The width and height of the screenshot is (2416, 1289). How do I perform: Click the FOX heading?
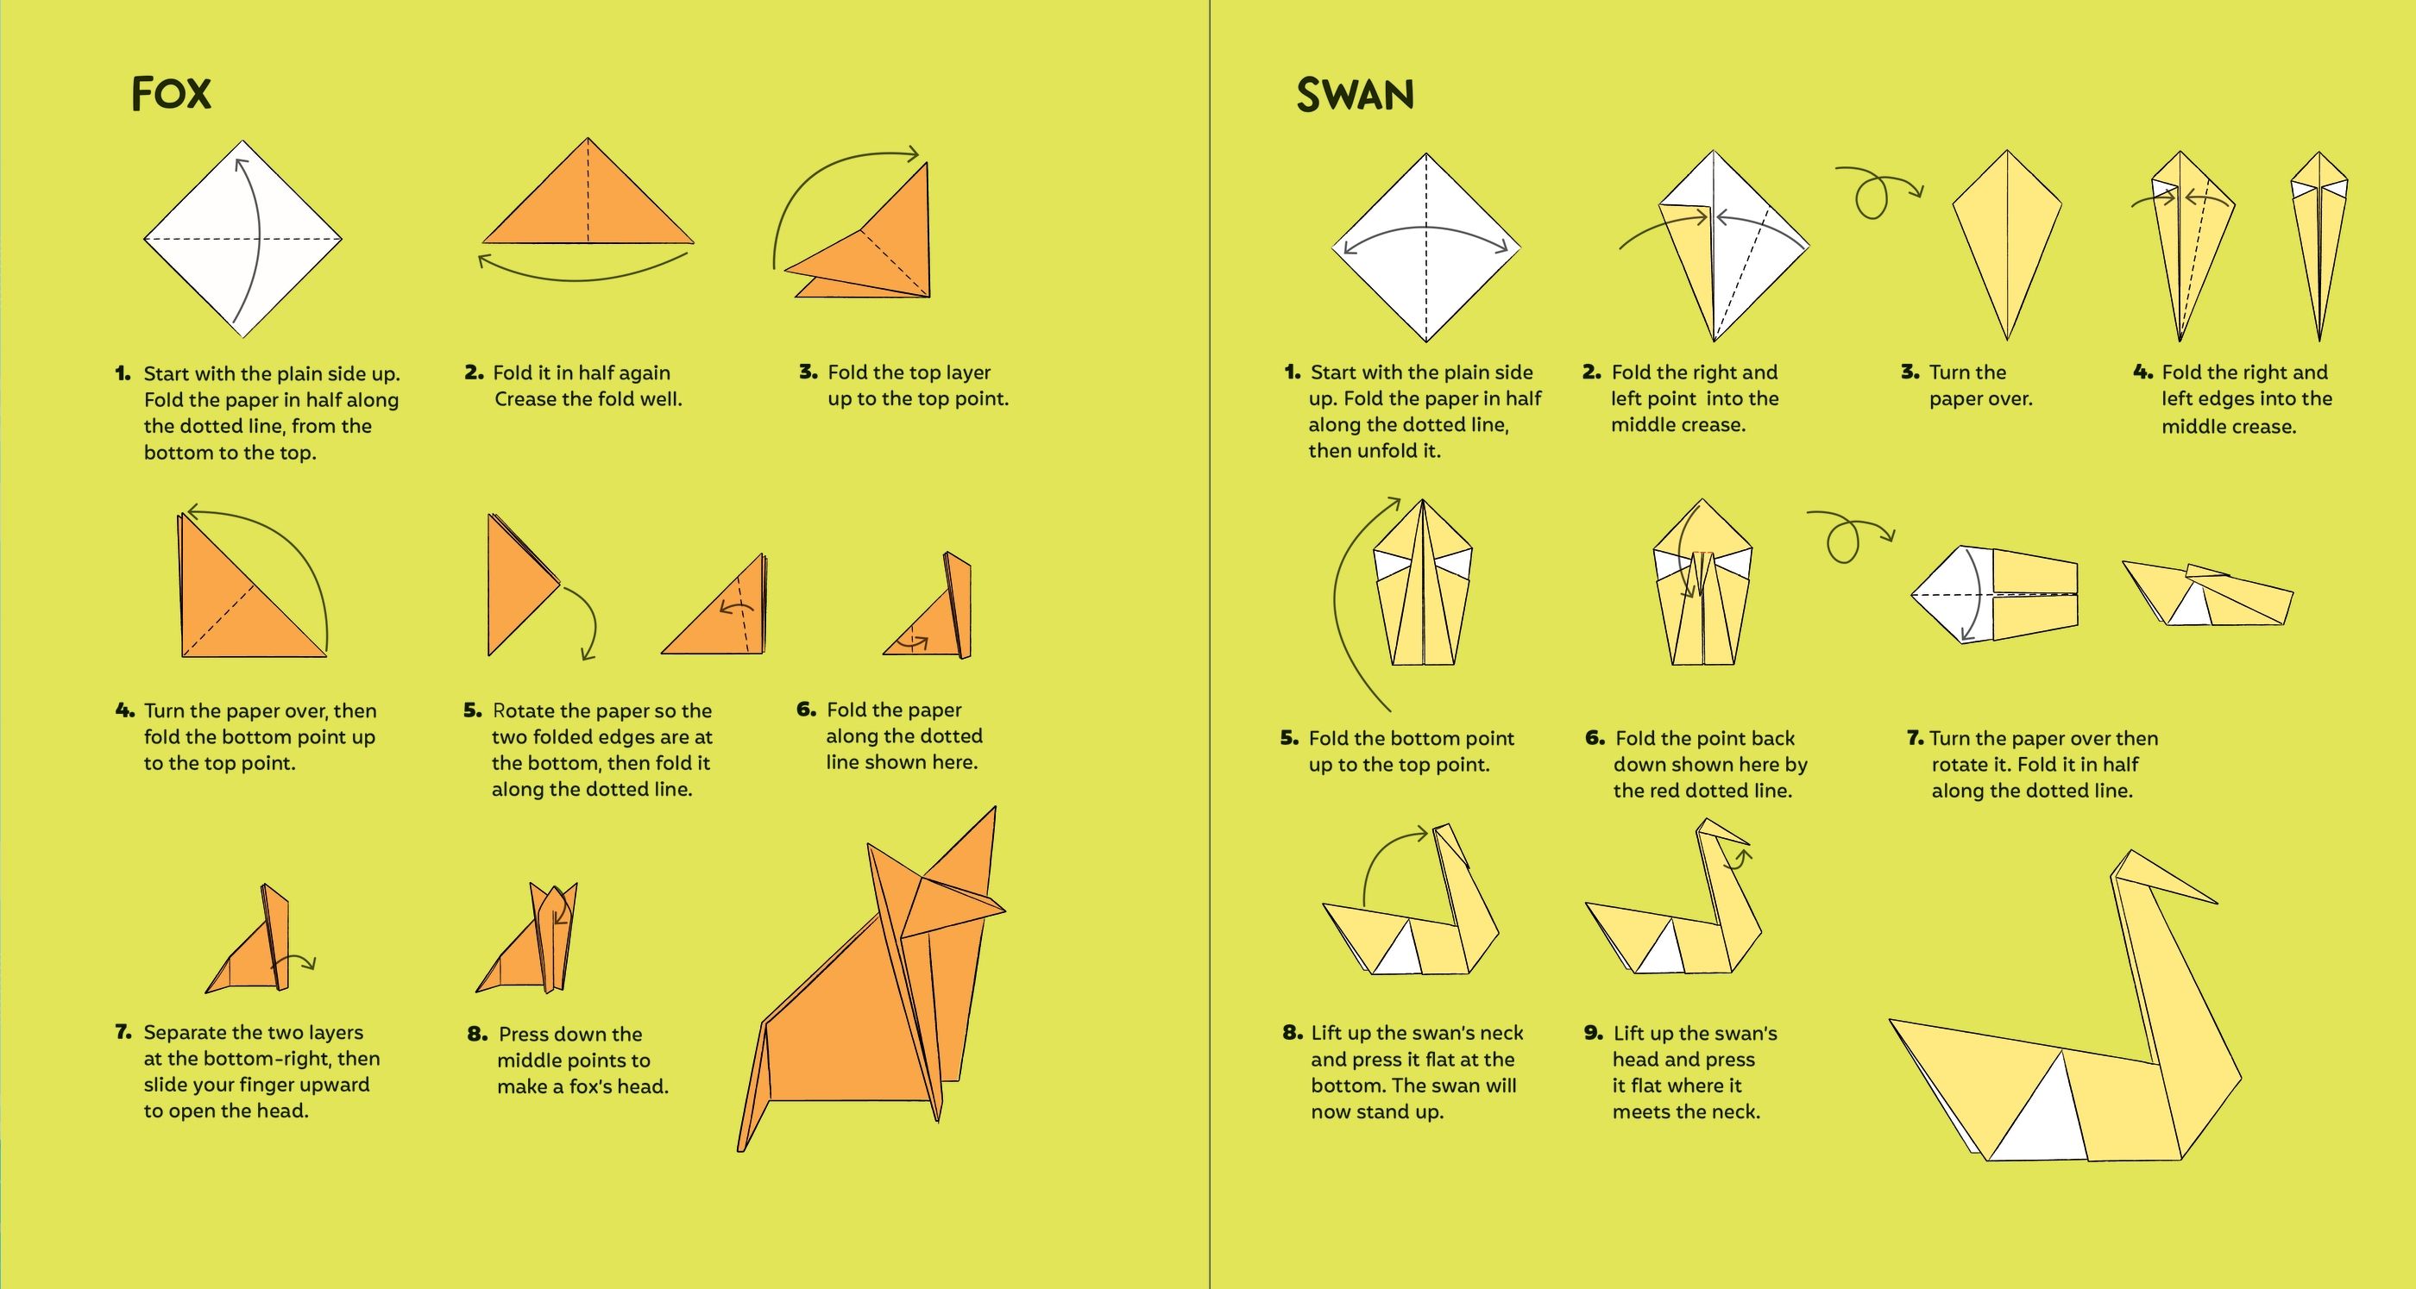tap(172, 94)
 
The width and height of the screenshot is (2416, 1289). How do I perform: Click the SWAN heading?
tap(1355, 95)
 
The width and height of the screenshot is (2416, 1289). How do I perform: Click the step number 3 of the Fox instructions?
tap(808, 372)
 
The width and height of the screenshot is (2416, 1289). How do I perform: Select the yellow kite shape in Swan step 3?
tap(2007, 245)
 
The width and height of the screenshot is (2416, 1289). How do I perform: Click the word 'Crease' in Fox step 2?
tap(526, 399)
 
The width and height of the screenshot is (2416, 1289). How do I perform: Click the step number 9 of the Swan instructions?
tap(1594, 1033)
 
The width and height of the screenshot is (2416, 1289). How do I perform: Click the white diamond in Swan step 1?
tap(1425, 247)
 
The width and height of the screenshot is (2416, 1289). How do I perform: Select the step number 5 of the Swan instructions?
tap(1290, 738)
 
